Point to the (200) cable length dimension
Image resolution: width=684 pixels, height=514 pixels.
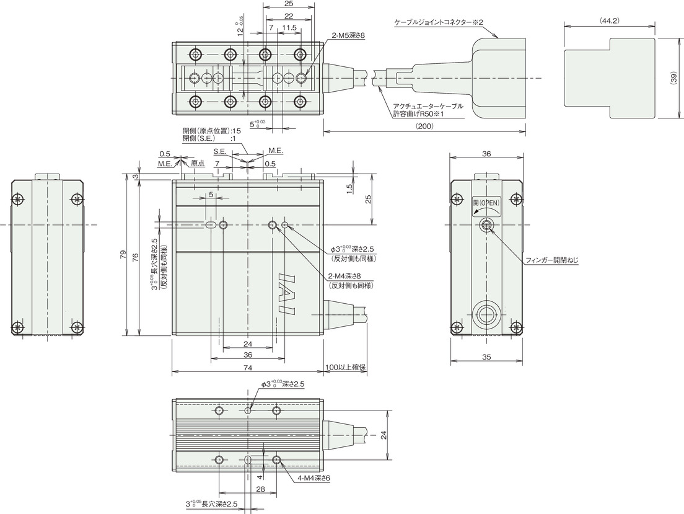[424, 126]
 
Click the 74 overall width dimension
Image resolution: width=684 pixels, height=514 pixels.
[247, 368]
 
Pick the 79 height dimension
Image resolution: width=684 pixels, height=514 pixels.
[123, 255]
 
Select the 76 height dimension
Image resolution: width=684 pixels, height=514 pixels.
[135, 257]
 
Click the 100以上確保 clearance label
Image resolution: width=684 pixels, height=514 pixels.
[345, 368]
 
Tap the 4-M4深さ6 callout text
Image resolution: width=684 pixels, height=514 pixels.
[313, 479]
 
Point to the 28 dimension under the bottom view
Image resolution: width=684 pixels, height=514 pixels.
[260, 489]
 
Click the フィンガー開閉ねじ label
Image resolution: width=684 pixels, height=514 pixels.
[551, 260]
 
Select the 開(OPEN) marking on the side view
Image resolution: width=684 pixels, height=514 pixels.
[486, 202]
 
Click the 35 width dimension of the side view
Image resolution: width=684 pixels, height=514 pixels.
[486, 357]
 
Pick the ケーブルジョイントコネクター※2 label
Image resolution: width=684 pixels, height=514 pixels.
[439, 22]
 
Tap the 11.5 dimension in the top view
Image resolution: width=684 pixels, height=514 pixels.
[289, 27]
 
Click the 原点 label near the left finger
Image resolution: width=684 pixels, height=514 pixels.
[198, 163]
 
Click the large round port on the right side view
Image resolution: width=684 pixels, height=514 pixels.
[486, 314]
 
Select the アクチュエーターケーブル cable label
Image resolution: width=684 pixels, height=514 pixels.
[427, 106]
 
